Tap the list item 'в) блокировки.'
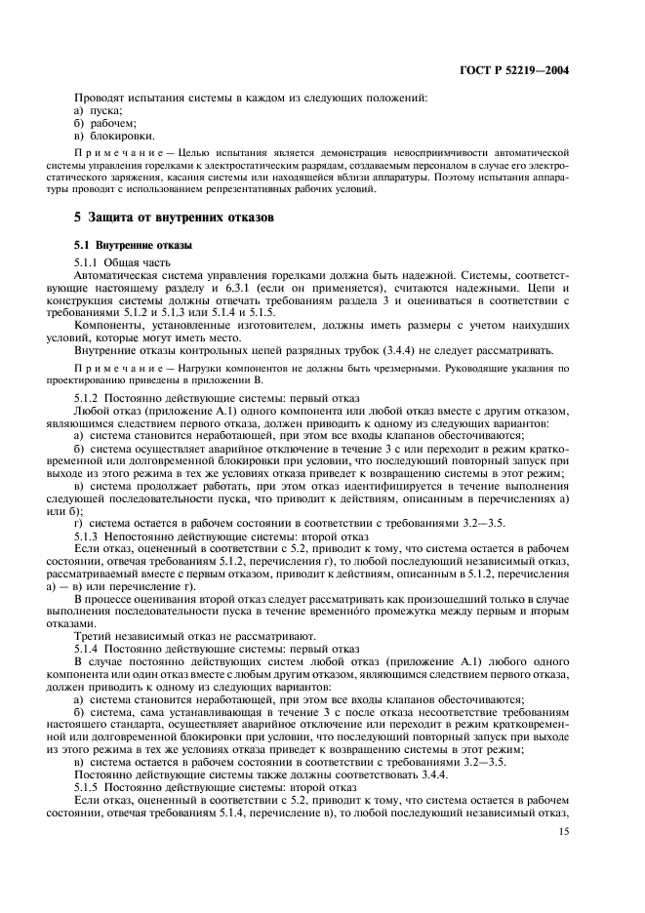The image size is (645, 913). [x=114, y=136]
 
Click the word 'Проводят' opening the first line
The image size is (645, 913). [x=101, y=98]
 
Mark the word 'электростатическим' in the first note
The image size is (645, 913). [x=273, y=167]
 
